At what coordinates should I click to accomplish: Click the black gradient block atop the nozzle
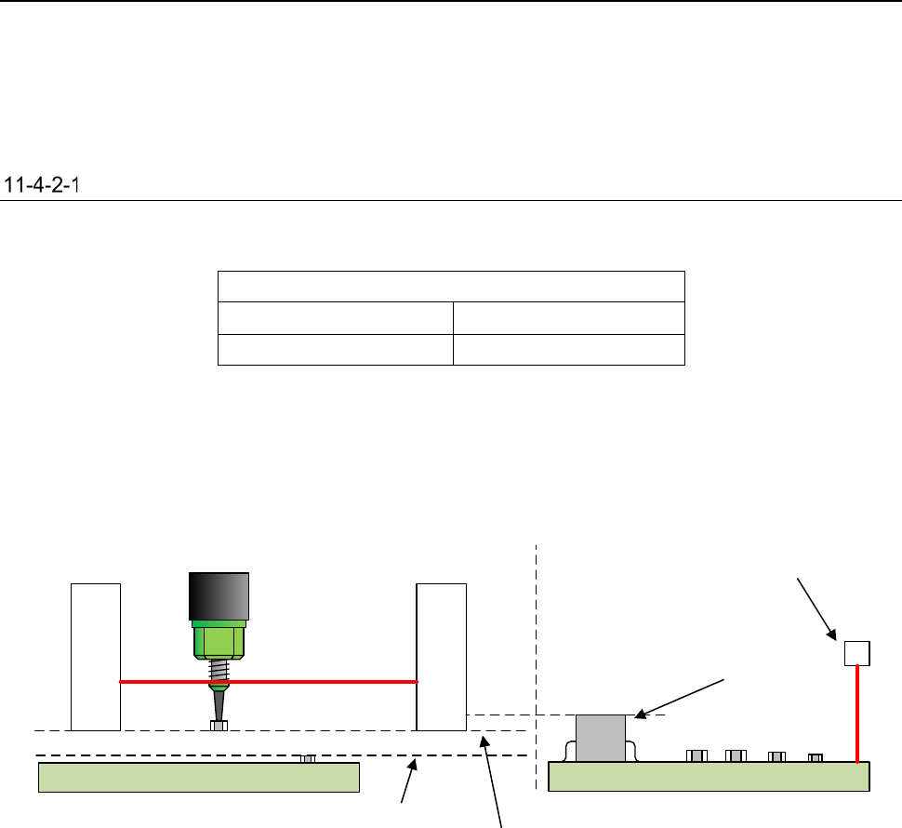click(219, 595)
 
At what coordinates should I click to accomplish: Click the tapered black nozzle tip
click(218, 703)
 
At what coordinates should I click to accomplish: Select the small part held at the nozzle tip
click(219, 726)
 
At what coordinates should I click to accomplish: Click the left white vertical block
click(96, 656)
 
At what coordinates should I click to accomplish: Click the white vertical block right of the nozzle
click(442, 656)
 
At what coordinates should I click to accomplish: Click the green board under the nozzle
click(198, 777)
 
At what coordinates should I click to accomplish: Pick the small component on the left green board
click(308, 758)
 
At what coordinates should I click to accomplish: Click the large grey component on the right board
click(601, 738)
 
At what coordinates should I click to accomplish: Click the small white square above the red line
click(856, 653)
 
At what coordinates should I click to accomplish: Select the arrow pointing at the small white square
click(815, 609)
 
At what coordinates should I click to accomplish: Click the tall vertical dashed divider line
click(537, 651)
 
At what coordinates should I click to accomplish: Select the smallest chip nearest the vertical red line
click(816, 757)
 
